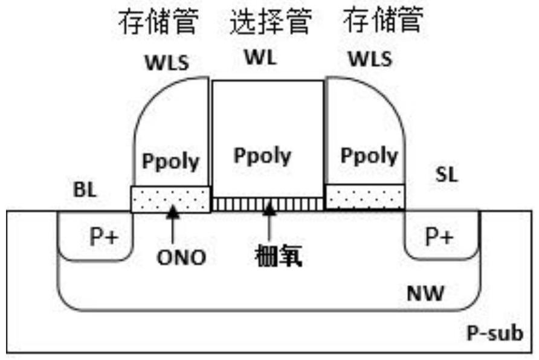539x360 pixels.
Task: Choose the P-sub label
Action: pyautogui.click(x=495, y=333)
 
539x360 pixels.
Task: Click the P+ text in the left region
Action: pyautogui.click(x=104, y=237)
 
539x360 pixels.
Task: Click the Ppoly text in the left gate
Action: pyautogui.click(x=170, y=161)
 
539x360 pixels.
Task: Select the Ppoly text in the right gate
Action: pyautogui.click(x=369, y=156)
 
